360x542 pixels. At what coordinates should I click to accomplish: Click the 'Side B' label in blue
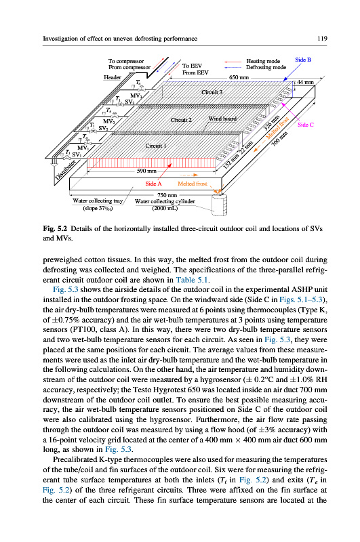(x=303, y=60)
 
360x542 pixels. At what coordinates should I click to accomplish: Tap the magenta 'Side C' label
(x=305, y=125)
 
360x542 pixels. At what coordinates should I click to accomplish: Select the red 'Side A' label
(x=153, y=184)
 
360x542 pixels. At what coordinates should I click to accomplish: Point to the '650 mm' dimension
(x=239, y=77)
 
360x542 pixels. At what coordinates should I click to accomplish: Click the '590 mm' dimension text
(x=146, y=171)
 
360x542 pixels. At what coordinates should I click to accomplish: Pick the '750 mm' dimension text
(x=167, y=195)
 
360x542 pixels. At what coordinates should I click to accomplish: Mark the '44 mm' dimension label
(x=305, y=82)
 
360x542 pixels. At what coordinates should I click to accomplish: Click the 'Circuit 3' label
(x=212, y=92)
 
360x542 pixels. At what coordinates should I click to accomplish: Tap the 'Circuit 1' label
(x=156, y=146)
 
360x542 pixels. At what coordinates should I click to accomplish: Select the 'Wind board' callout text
(x=222, y=119)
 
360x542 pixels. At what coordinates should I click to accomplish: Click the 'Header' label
(x=113, y=77)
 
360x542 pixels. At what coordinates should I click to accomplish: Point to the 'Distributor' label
(x=65, y=170)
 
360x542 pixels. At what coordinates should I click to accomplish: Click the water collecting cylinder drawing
(x=218, y=204)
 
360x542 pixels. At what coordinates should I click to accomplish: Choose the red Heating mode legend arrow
(x=233, y=62)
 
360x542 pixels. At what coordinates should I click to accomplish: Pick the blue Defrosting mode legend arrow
(x=233, y=67)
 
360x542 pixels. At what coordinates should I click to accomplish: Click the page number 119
(x=322, y=39)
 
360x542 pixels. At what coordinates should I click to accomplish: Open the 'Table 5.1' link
(x=192, y=280)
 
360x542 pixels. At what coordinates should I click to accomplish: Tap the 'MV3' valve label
(x=136, y=96)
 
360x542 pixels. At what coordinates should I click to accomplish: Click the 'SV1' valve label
(x=77, y=154)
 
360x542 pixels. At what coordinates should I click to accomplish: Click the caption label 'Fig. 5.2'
(x=55, y=228)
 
